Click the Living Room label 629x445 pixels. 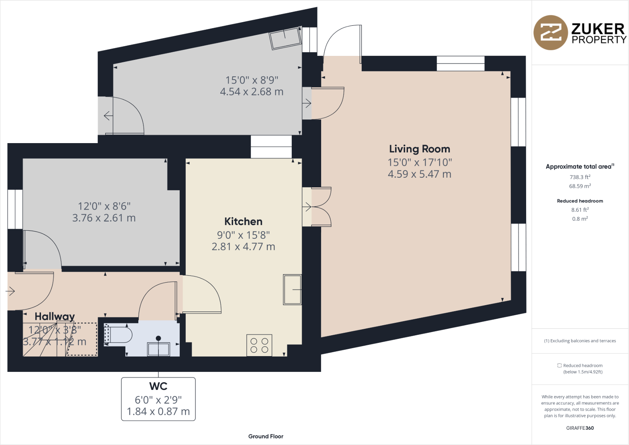click(x=419, y=149)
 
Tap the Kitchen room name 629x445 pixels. click(x=243, y=221)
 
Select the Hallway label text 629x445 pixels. click(x=55, y=317)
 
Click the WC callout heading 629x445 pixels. click(x=158, y=386)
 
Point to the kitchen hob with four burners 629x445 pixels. click(x=259, y=345)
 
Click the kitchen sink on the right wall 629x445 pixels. click(x=292, y=289)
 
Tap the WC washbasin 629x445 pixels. click(x=158, y=349)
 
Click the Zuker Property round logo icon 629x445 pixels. click(x=550, y=33)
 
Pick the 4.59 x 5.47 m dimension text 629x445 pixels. click(x=419, y=174)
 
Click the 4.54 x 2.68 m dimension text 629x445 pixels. click(x=252, y=92)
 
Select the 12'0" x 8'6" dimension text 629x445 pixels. click(x=104, y=206)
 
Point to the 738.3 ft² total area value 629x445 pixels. click(x=580, y=177)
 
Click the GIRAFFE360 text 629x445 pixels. click(x=580, y=428)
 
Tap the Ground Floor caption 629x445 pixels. click(x=266, y=436)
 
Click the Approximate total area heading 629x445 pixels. click(x=579, y=166)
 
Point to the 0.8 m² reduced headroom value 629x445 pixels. click(x=580, y=219)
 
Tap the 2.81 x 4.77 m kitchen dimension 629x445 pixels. click(x=243, y=247)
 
